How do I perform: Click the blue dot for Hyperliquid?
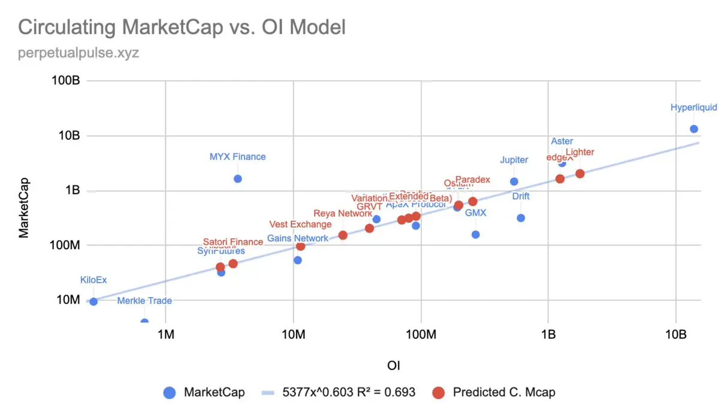[694, 129]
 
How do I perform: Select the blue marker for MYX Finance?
[238, 178]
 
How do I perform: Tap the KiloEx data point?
[93, 301]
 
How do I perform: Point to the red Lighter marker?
[579, 174]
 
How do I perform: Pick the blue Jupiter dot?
[514, 181]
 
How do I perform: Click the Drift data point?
[521, 218]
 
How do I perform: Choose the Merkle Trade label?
[144, 301]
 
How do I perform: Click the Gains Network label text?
[298, 238]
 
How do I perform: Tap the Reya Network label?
[343, 213]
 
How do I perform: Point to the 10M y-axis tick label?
[68, 299]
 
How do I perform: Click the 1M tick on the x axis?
[165, 334]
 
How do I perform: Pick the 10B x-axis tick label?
[675, 334]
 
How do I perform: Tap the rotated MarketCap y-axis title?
[24, 207]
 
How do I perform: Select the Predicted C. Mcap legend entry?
[504, 393]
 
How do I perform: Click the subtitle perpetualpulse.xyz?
[78, 53]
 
